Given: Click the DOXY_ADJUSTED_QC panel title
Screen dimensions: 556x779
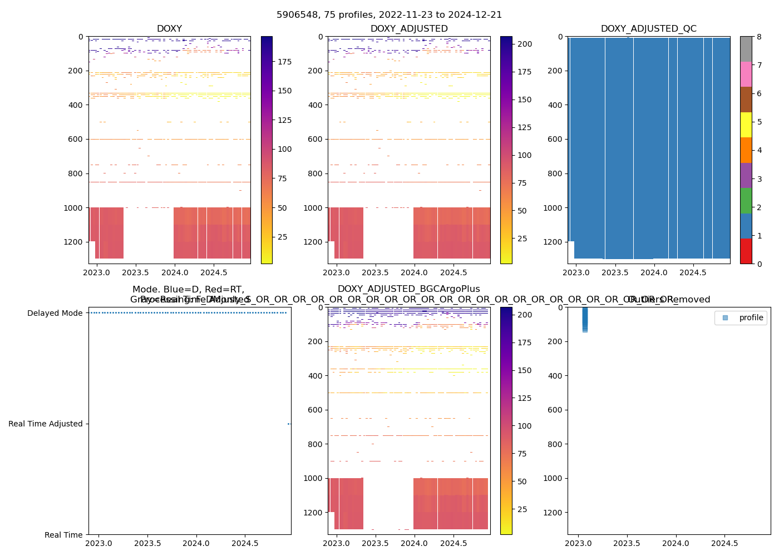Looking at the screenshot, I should coord(648,29).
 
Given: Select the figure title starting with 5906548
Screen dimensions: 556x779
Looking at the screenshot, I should coord(389,15).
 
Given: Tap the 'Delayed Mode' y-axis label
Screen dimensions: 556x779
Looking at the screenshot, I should coord(55,313).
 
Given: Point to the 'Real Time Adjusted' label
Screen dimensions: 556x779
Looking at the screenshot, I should coord(45,424).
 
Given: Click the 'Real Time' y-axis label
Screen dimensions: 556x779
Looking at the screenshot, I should coord(63,535).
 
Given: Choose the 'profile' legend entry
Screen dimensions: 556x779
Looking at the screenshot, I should coord(751,317).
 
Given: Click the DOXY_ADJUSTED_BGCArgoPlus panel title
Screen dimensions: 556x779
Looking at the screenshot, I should coord(408,289).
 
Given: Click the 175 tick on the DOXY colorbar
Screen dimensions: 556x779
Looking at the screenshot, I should coord(284,62).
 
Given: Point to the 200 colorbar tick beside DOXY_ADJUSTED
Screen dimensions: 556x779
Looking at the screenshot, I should coord(525,44).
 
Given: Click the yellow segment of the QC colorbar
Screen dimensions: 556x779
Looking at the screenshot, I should coord(746,125).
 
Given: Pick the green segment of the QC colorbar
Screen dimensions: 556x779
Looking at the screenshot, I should coord(746,201).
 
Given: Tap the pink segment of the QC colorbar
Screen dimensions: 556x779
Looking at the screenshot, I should coord(746,74).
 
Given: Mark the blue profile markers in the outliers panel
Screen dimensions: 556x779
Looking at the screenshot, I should coord(585,319).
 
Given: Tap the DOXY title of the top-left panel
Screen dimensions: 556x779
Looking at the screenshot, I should coord(169,29).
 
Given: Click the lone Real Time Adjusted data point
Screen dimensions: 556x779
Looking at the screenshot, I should coord(289,424).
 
